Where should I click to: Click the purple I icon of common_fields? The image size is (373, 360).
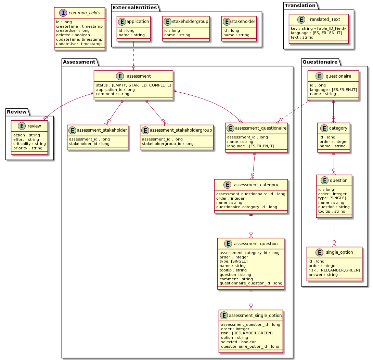click(61, 13)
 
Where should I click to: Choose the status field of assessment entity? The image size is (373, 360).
click(133, 85)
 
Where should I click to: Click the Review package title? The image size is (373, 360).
click(17, 112)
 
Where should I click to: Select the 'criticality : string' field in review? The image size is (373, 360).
click(29, 144)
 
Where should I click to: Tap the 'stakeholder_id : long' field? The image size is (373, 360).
click(89, 144)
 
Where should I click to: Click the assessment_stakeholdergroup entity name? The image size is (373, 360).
click(181, 130)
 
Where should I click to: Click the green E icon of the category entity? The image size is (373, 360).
click(323, 128)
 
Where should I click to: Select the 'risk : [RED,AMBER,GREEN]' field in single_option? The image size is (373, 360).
click(334, 270)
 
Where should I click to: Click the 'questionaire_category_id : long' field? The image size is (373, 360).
click(246, 207)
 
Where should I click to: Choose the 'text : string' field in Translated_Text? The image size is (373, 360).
click(302, 37)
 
